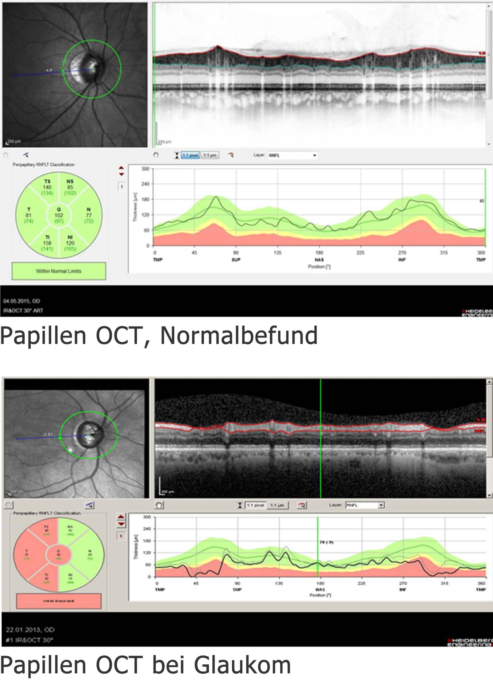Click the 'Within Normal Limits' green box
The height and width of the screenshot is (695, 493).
[x=59, y=271]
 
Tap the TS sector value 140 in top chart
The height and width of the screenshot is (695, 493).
[x=47, y=187]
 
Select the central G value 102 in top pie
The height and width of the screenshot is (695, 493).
[x=59, y=215]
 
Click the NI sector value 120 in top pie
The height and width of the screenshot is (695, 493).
[x=70, y=243]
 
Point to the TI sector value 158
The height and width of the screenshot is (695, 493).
[x=47, y=243]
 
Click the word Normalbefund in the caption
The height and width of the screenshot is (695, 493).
[x=239, y=335]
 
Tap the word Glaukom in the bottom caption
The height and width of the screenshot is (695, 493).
[x=242, y=665]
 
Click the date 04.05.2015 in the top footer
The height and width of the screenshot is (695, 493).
[x=17, y=301]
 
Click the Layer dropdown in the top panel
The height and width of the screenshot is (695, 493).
[x=292, y=155]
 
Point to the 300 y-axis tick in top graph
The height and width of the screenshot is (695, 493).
[x=146, y=169]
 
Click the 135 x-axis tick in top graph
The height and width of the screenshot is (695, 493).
[x=278, y=253]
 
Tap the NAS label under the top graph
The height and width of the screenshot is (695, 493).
[x=319, y=260]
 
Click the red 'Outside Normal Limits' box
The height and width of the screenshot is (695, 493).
[x=59, y=601]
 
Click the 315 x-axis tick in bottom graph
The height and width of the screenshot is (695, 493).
[x=444, y=583]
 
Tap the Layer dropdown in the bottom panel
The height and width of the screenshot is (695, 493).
[x=365, y=505]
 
